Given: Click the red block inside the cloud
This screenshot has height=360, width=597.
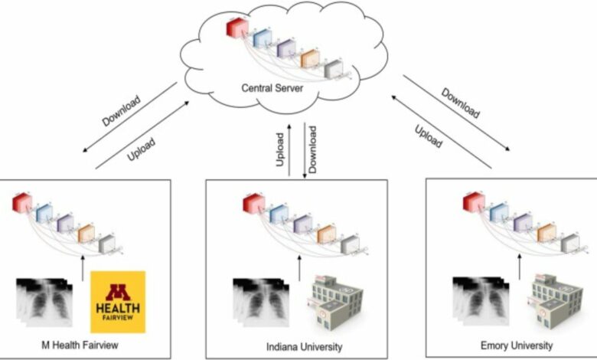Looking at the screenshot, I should (x=236, y=28).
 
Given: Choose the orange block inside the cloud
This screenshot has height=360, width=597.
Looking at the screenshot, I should (x=309, y=57).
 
